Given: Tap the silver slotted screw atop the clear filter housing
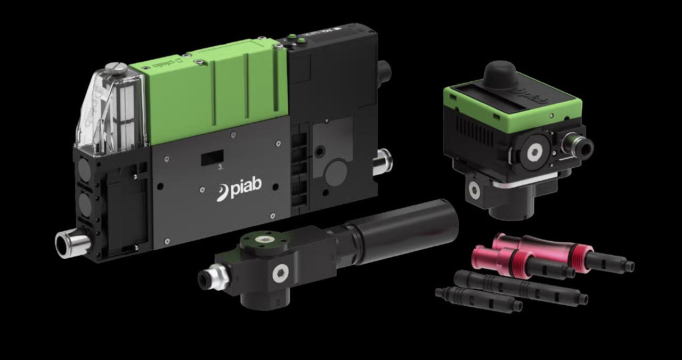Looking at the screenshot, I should pos(115,68).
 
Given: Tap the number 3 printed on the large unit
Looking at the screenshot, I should pos(220,167).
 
